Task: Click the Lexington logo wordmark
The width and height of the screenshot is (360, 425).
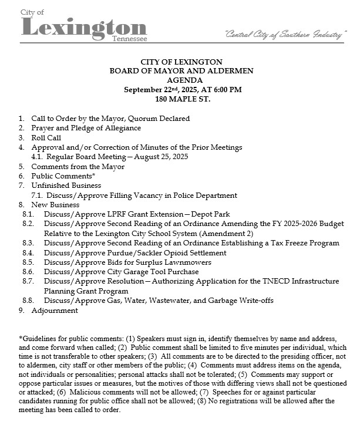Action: pyautogui.click(x=83, y=27)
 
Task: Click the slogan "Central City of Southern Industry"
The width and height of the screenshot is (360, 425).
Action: pyautogui.click(x=283, y=35)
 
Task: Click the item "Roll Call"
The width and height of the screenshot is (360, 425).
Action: pyautogui.click(x=46, y=137)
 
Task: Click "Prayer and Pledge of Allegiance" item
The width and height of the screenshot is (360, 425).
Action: pyautogui.click(x=86, y=128)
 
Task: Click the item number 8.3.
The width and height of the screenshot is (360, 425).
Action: pyautogui.click(x=28, y=243)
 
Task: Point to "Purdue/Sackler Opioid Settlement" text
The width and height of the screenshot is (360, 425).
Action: pyautogui.click(x=159, y=252)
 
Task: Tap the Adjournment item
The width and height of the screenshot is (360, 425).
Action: pyautogui.click(x=55, y=310)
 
